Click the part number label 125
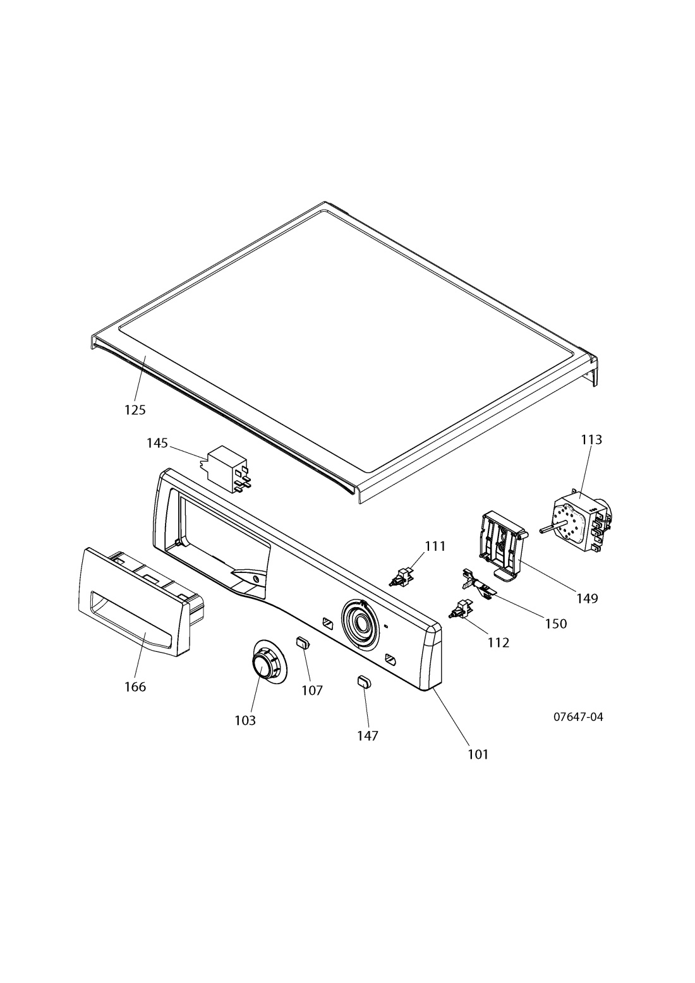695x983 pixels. click(x=135, y=410)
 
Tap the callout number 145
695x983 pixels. click(x=157, y=443)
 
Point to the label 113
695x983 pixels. click(x=591, y=439)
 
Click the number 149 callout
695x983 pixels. click(x=587, y=598)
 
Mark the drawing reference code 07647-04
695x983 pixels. click(x=578, y=717)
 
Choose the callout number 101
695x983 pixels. click(x=478, y=754)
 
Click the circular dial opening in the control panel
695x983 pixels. click(x=360, y=623)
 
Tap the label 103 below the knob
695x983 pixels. click(x=245, y=720)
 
